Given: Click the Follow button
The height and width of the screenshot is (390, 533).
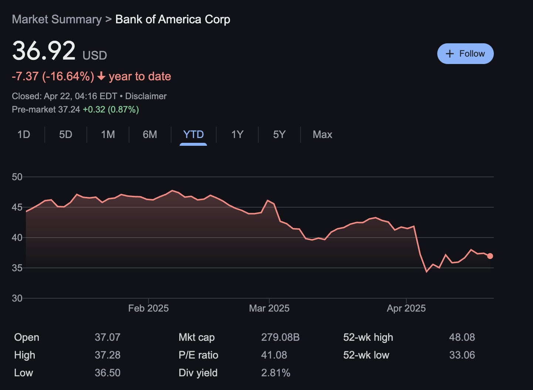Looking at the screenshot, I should tap(465, 54).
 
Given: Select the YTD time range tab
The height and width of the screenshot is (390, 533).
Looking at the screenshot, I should tap(193, 134).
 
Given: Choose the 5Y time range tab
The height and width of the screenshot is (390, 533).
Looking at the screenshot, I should tap(279, 134).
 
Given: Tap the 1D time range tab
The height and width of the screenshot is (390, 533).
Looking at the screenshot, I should tap(24, 134).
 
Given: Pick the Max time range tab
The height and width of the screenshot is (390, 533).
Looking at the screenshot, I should tap(322, 134).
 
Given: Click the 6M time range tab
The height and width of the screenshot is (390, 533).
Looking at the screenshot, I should tap(150, 134).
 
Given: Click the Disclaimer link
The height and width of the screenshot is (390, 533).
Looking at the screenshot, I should tap(146, 96).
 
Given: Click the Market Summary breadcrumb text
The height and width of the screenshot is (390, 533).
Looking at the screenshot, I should tap(57, 19).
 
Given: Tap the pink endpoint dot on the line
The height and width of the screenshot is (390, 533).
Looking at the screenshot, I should tap(490, 256).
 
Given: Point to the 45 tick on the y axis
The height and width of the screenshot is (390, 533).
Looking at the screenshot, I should tap(17, 207).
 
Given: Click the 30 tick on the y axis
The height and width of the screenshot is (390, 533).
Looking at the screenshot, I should tap(17, 298).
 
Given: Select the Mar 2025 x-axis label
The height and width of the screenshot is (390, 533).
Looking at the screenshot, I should tap(269, 308).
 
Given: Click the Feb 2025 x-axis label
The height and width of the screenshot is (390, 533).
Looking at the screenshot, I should tap(148, 308).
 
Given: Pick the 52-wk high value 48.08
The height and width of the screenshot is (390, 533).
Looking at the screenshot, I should tap(462, 337).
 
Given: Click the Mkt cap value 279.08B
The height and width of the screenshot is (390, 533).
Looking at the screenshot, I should tap(280, 337).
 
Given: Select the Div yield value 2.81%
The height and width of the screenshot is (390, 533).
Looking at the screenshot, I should tap(275, 373).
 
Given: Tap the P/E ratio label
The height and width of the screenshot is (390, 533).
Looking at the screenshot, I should tap(198, 355).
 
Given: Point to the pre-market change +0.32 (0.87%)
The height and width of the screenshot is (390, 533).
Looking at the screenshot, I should tap(111, 110).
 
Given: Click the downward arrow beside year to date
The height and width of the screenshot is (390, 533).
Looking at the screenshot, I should tap(101, 76).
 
